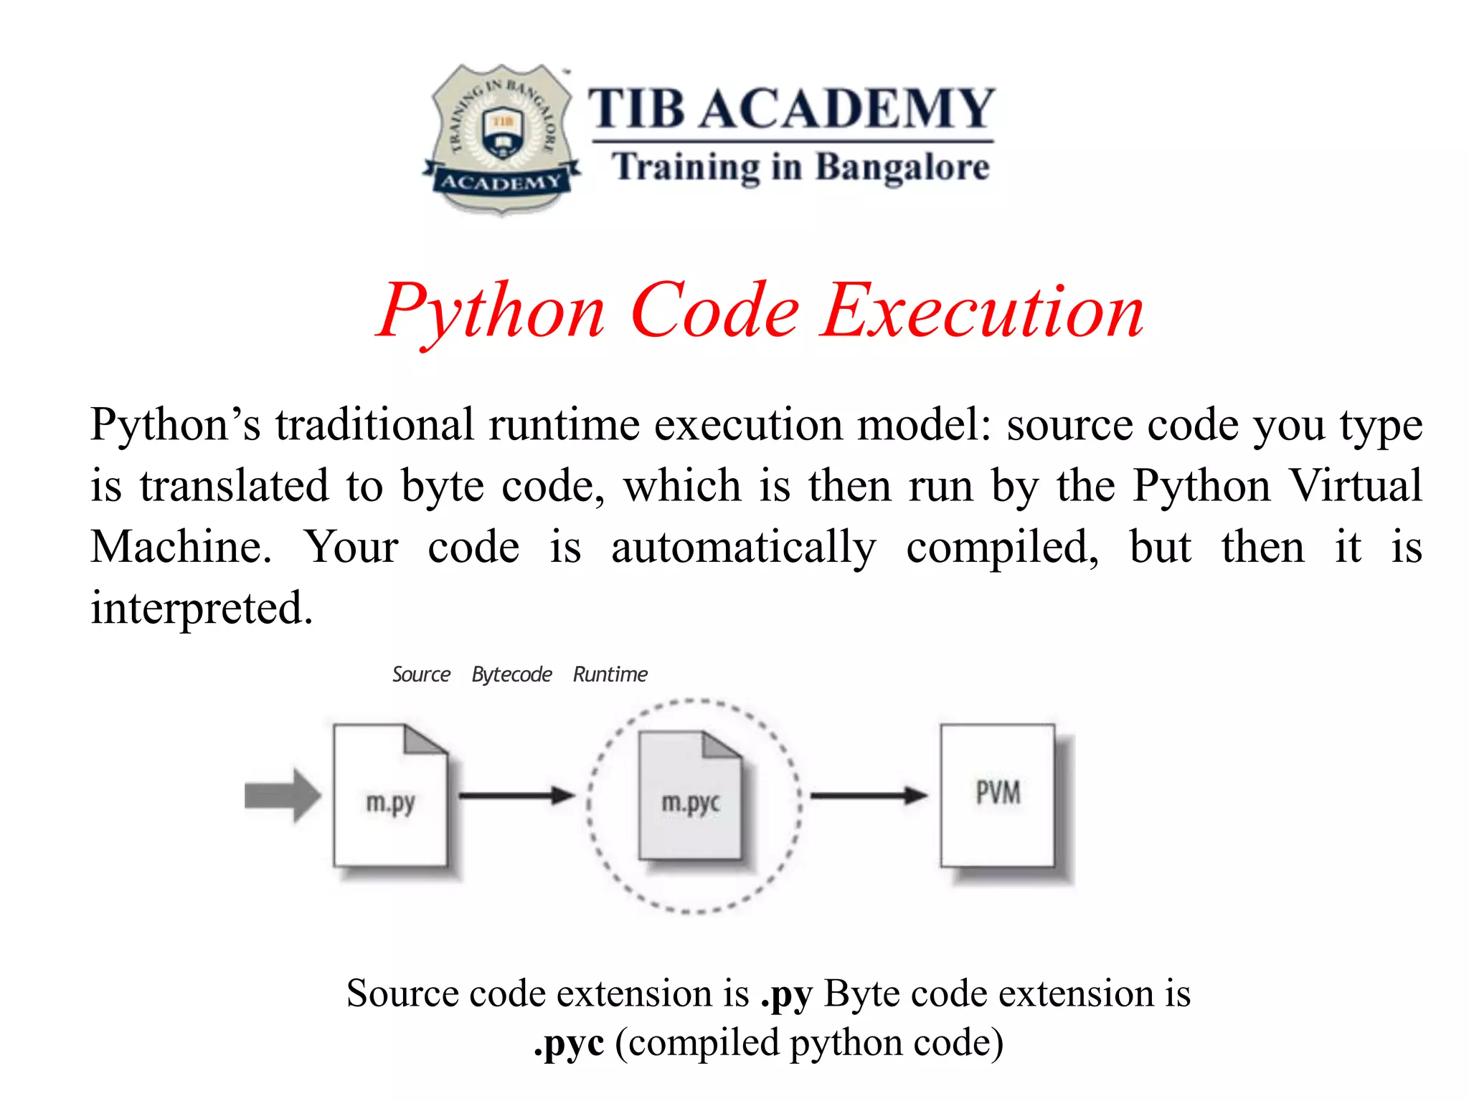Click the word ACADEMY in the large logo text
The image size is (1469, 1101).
click(846, 109)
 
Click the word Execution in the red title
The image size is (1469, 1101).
click(983, 312)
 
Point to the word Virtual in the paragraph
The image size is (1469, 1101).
click(1356, 486)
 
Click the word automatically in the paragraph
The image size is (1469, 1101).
click(743, 548)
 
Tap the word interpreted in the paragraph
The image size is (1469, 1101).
click(201, 608)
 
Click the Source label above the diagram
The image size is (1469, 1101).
click(421, 675)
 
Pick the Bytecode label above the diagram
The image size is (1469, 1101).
click(511, 675)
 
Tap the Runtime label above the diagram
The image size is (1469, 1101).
click(610, 675)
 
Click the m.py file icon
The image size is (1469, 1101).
click(390, 796)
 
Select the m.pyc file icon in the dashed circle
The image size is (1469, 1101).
click(690, 796)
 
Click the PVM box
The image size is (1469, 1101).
click(998, 796)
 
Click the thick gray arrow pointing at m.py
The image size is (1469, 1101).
click(282, 796)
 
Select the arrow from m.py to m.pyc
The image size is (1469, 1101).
click(516, 795)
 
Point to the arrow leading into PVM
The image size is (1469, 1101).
click(869, 795)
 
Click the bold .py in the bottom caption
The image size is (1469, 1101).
click(786, 995)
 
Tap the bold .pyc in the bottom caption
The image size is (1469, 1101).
click(569, 1044)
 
